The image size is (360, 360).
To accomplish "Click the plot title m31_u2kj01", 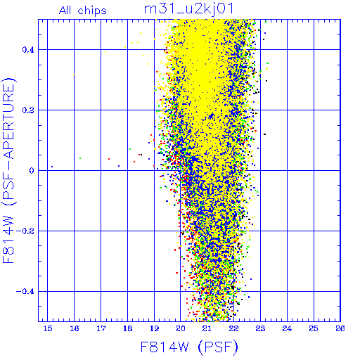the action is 188,9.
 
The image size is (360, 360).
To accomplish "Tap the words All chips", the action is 83,11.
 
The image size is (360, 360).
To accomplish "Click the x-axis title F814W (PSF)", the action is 189,347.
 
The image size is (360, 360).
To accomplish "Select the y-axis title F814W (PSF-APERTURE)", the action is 8,170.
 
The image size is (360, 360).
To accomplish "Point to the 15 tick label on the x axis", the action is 48,328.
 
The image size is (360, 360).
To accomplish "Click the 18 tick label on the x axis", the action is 128,328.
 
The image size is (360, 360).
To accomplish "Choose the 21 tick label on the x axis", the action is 207,328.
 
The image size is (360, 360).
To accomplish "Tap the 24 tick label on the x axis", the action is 287,328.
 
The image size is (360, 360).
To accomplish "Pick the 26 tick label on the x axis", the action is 340,328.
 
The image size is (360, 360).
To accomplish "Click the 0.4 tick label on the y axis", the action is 28,50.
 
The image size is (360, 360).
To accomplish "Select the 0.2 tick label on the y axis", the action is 28,110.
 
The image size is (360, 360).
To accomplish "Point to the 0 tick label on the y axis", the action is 32,171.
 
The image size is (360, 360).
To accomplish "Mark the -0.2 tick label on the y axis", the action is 25,231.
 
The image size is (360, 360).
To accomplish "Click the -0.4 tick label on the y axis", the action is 25,292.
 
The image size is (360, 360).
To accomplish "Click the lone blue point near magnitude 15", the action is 52,167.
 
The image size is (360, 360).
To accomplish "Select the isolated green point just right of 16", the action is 80,158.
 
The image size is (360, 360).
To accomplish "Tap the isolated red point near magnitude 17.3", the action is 109,159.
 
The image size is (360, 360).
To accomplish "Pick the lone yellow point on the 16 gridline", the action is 74,75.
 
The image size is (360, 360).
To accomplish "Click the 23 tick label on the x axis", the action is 260,328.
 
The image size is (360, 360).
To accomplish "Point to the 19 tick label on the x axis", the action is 154,328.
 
